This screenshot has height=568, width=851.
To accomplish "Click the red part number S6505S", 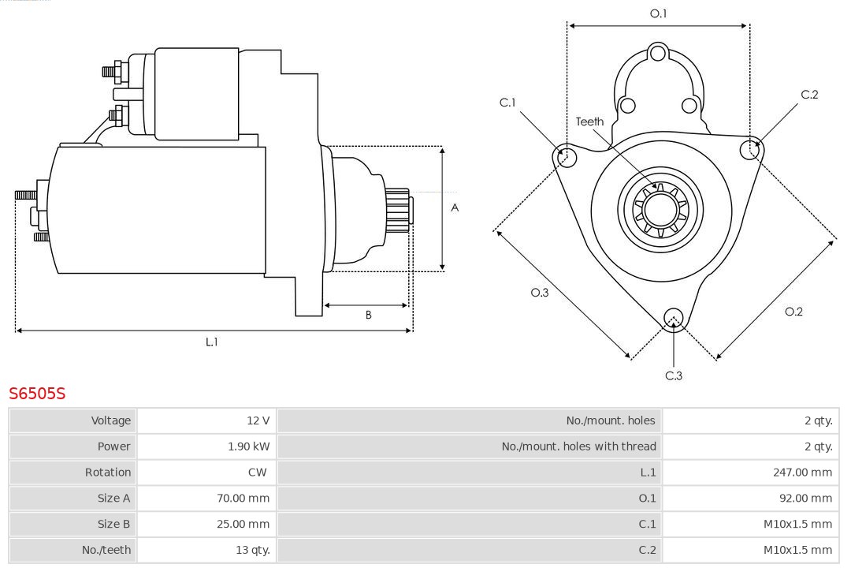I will (37, 393).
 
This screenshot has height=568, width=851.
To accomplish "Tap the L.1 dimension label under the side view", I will (212, 342).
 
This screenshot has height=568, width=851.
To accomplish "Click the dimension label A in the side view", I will (455, 208).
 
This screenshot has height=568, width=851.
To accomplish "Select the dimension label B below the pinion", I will (368, 315).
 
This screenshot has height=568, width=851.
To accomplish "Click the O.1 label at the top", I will (658, 13).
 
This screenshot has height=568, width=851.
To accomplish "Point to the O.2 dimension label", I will (793, 312).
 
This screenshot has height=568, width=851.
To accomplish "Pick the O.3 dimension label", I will (540, 293).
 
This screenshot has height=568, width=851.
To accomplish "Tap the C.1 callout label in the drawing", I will (507, 103).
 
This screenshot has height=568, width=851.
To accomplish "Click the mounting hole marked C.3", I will (673, 318).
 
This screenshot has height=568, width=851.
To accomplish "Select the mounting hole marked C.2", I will (749, 149).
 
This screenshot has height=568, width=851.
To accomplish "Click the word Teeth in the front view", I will (589, 121).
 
